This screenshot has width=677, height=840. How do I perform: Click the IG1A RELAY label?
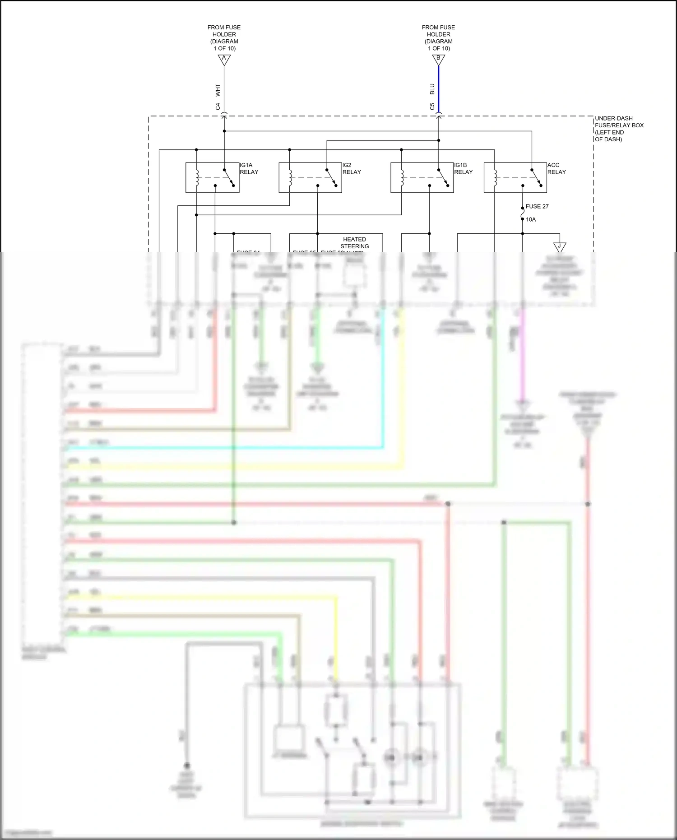249,168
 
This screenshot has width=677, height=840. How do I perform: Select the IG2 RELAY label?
351,168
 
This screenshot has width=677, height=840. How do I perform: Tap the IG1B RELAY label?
463,168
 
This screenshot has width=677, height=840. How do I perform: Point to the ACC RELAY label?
556,168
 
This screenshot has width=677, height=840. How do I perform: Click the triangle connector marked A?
224,59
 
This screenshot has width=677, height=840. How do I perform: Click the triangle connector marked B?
438,59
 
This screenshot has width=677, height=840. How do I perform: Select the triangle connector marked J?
560,247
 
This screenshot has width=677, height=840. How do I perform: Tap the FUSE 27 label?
537,206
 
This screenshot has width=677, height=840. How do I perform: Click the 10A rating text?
531,219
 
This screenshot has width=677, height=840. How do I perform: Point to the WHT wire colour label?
218,90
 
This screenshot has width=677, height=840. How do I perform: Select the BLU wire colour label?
432,89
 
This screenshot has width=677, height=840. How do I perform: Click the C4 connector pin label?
218,107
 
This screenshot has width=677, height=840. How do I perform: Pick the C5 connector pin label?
432,107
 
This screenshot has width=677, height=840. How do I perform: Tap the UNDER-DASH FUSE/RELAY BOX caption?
619,129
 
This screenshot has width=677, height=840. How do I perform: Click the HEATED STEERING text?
354,243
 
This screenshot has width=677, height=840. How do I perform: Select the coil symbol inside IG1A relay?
197,177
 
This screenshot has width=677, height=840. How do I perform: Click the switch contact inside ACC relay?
536,177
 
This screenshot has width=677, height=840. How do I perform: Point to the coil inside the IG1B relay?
402,177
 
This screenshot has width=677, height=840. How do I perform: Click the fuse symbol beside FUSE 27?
523,212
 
